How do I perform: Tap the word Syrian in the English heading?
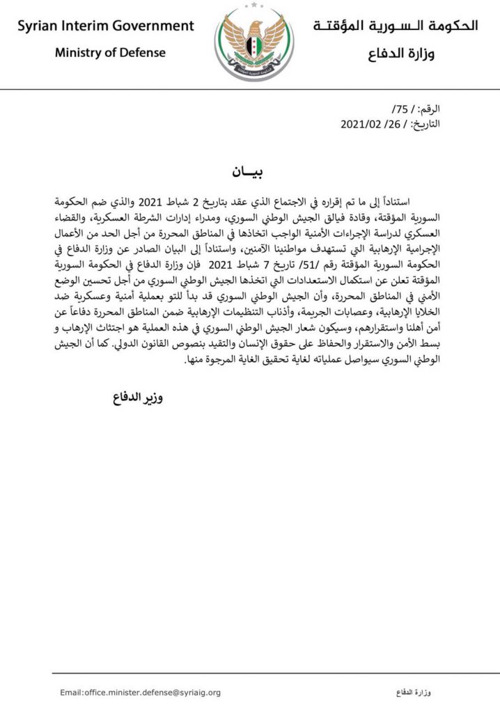(39, 26)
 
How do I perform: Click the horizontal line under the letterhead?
(250, 88)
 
